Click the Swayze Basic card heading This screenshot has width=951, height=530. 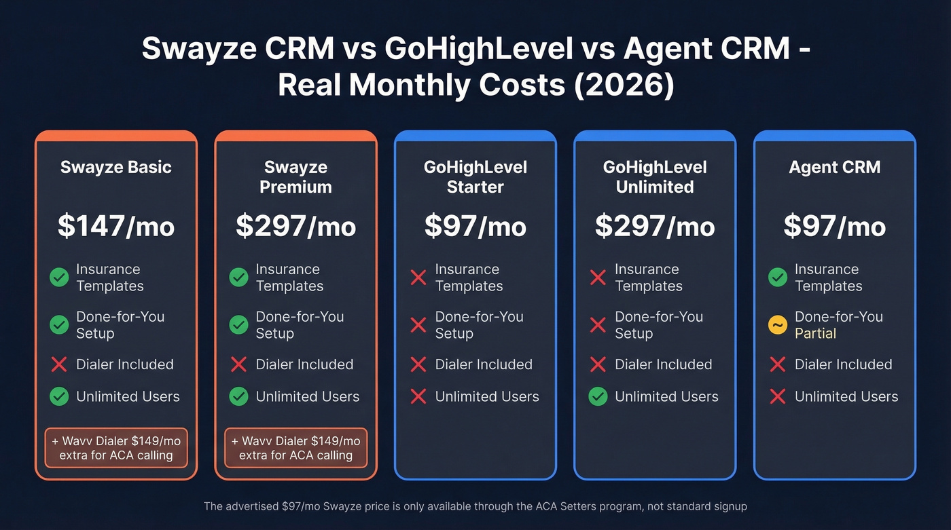116,167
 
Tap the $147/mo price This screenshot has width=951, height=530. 116,226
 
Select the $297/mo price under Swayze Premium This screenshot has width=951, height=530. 295,226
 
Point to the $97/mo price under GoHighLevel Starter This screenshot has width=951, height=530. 475,226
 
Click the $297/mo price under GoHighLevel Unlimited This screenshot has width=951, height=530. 655,226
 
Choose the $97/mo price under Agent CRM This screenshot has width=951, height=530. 834,226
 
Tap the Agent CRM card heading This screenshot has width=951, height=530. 834,167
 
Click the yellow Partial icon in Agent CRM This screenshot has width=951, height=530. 777,325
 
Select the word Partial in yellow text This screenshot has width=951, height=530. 815,333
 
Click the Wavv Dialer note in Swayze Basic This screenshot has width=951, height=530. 116,448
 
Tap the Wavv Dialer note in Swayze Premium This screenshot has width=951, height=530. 295,448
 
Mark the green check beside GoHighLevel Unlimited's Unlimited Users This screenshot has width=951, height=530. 598,396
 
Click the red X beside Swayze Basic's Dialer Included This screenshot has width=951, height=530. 59,364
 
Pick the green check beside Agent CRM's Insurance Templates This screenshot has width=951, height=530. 777,277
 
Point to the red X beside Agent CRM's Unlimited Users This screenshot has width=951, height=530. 777,396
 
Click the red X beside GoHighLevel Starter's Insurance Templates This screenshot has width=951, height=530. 418,277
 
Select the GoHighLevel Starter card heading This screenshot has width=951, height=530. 475,176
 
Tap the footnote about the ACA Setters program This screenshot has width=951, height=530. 475,506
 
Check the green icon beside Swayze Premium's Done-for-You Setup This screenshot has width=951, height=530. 238,325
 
